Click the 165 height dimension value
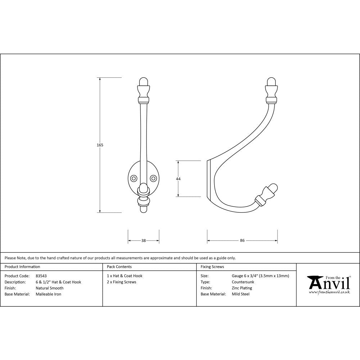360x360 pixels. [x=100, y=145]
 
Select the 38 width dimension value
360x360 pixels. [x=144, y=240]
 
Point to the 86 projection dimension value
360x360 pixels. [x=242, y=240]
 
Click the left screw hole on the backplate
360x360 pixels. [x=134, y=178]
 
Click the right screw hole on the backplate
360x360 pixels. [x=154, y=178]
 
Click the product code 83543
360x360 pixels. [x=41, y=276]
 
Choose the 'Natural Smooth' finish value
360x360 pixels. [x=49, y=288]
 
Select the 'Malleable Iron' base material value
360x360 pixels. [x=48, y=294]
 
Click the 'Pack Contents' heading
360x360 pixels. [x=119, y=267]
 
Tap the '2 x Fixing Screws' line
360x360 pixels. [x=122, y=282]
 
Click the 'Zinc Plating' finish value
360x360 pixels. [x=242, y=288]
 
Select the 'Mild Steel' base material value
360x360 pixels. [x=240, y=294]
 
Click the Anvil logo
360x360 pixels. [x=328, y=284]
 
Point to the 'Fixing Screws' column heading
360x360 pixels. [x=212, y=267]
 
